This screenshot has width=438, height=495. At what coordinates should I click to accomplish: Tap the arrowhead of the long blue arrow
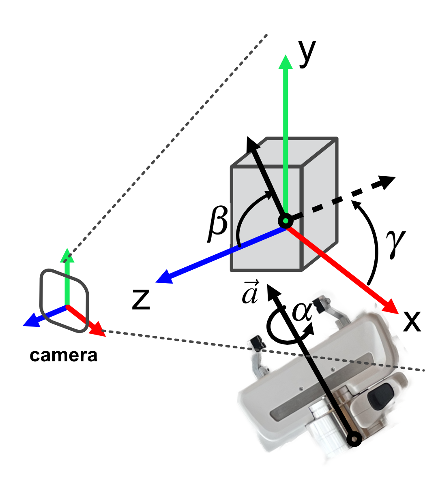(x=163, y=278)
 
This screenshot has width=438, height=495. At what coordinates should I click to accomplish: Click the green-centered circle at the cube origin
(x=286, y=221)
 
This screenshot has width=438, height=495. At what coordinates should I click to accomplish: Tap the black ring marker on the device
(x=354, y=439)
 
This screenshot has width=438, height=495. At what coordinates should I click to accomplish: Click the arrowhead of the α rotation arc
(x=310, y=329)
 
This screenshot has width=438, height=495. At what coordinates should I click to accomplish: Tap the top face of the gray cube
(x=286, y=152)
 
